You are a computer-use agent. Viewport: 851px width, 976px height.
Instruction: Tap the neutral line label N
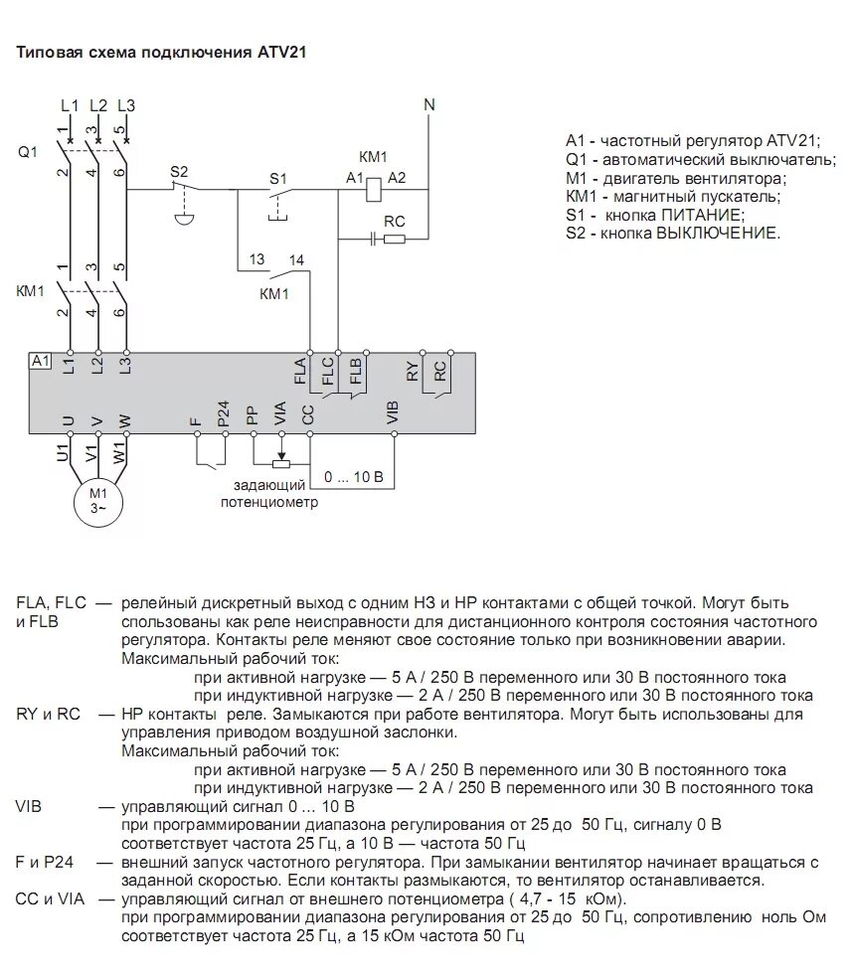429,104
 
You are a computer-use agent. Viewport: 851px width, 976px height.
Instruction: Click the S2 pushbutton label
179,172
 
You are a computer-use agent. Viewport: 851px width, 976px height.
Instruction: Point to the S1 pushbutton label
278,178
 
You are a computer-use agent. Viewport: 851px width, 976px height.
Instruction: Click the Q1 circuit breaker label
27,152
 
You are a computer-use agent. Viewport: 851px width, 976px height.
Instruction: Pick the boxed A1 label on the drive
41,361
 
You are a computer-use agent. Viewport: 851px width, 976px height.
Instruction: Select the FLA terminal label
300,370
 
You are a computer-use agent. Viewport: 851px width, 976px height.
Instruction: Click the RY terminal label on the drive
413,370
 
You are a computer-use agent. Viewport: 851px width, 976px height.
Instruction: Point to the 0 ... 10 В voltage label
353,477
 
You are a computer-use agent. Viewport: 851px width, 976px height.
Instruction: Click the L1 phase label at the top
69,104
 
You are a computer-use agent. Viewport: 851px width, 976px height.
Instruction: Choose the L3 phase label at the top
125,104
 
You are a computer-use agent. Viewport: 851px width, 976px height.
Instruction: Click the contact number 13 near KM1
256,260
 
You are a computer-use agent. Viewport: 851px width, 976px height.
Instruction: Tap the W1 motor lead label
120,455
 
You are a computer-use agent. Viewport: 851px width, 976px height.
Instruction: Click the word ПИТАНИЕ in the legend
697,215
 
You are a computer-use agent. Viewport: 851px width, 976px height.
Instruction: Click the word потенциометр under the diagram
269,502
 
